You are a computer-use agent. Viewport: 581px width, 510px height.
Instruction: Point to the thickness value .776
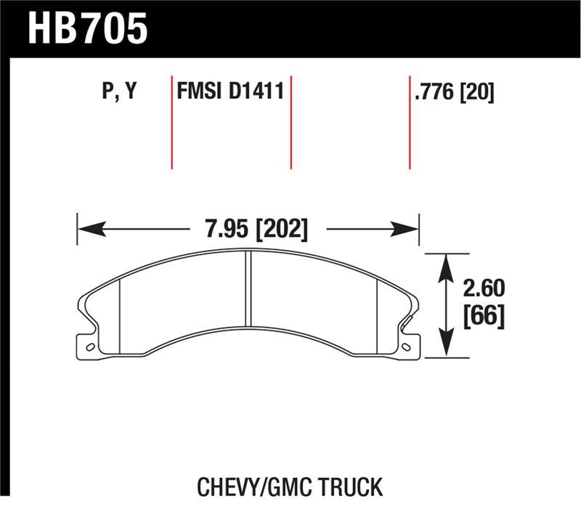click(x=435, y=92)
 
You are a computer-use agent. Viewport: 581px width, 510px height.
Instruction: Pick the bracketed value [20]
click(x=478, y=92)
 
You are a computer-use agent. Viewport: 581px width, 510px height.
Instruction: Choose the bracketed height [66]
click(x=482, y=317)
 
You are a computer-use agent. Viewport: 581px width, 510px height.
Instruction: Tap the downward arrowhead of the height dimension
click(x=444, y=350)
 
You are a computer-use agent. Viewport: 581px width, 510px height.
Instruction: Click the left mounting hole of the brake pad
click(x=90, y=347)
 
